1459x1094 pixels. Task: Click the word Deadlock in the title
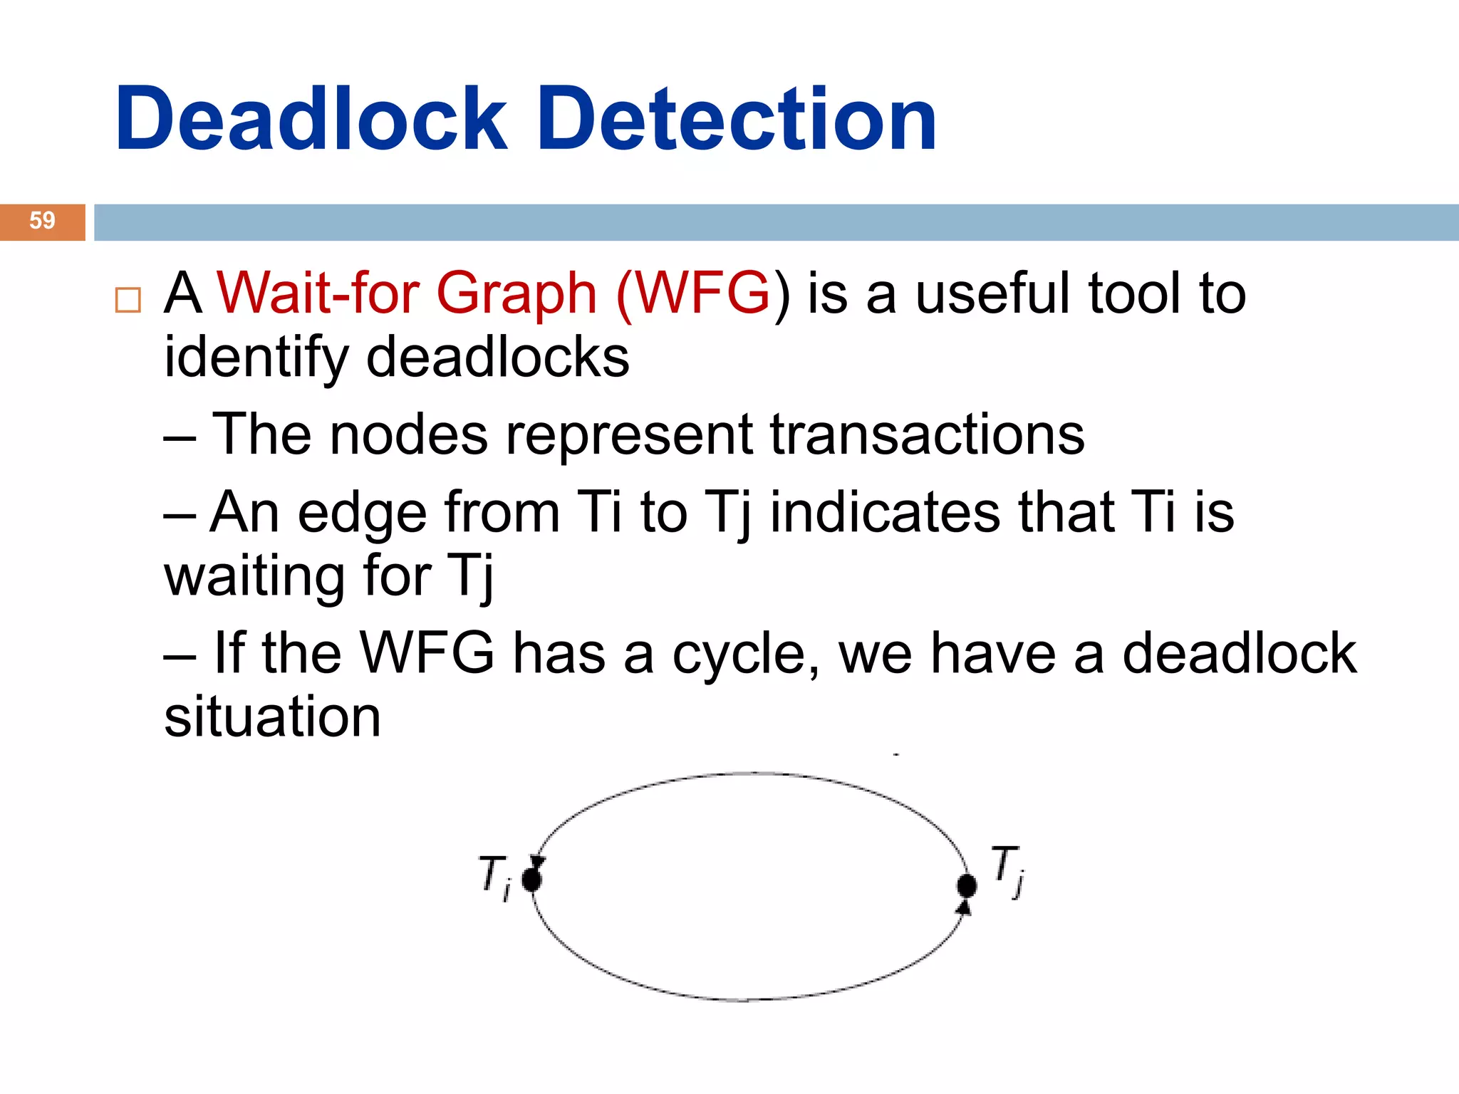coord(311,119)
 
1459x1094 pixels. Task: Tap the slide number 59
coord(42,221)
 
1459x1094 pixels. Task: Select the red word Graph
coord(516,294)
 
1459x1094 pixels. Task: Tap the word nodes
coord(408,434)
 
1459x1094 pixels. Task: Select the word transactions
coord(927,434)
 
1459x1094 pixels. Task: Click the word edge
coord(361,514)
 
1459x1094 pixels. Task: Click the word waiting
coord(254,576)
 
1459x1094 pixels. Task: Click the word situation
coord(272,717)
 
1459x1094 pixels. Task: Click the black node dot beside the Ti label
coord(531,880)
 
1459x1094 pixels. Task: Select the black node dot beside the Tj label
coord(967,886)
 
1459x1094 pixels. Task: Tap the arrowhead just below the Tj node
coord(964,907)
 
